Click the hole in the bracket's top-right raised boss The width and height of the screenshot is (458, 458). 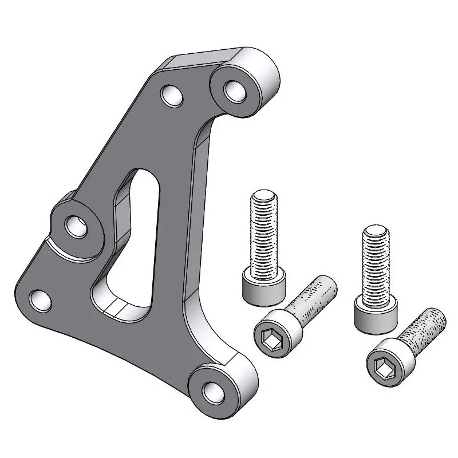[234, 90]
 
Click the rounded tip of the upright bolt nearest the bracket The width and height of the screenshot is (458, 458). [264, 197]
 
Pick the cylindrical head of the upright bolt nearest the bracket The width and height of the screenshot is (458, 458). [263, 290]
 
